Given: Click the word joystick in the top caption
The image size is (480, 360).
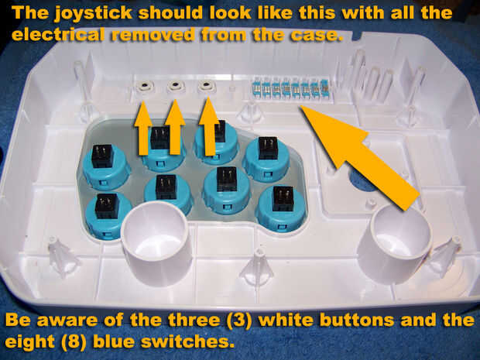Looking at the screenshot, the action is pyautogui.click(x=94, y=13).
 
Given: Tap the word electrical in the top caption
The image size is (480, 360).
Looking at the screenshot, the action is pyautogui.click(x=58, y=34).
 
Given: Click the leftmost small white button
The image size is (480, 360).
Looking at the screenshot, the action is pyautogui.click(x=145, y=87).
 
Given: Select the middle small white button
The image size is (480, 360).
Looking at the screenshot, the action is pyautogui.click(x=176, y=86).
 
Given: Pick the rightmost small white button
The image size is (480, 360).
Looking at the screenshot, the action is pyautogui.click(x=206, y=85).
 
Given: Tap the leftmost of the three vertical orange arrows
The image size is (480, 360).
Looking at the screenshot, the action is pyautogui.click(x=143, y=128).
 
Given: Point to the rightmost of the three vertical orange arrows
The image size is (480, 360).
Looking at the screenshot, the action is pyautogui.click(x=209, y=126).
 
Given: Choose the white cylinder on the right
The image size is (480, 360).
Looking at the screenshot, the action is pyautogui.click(x=396, y=240).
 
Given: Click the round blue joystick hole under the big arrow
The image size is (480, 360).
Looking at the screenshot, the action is pyautogui.click(x=362, y=180).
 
